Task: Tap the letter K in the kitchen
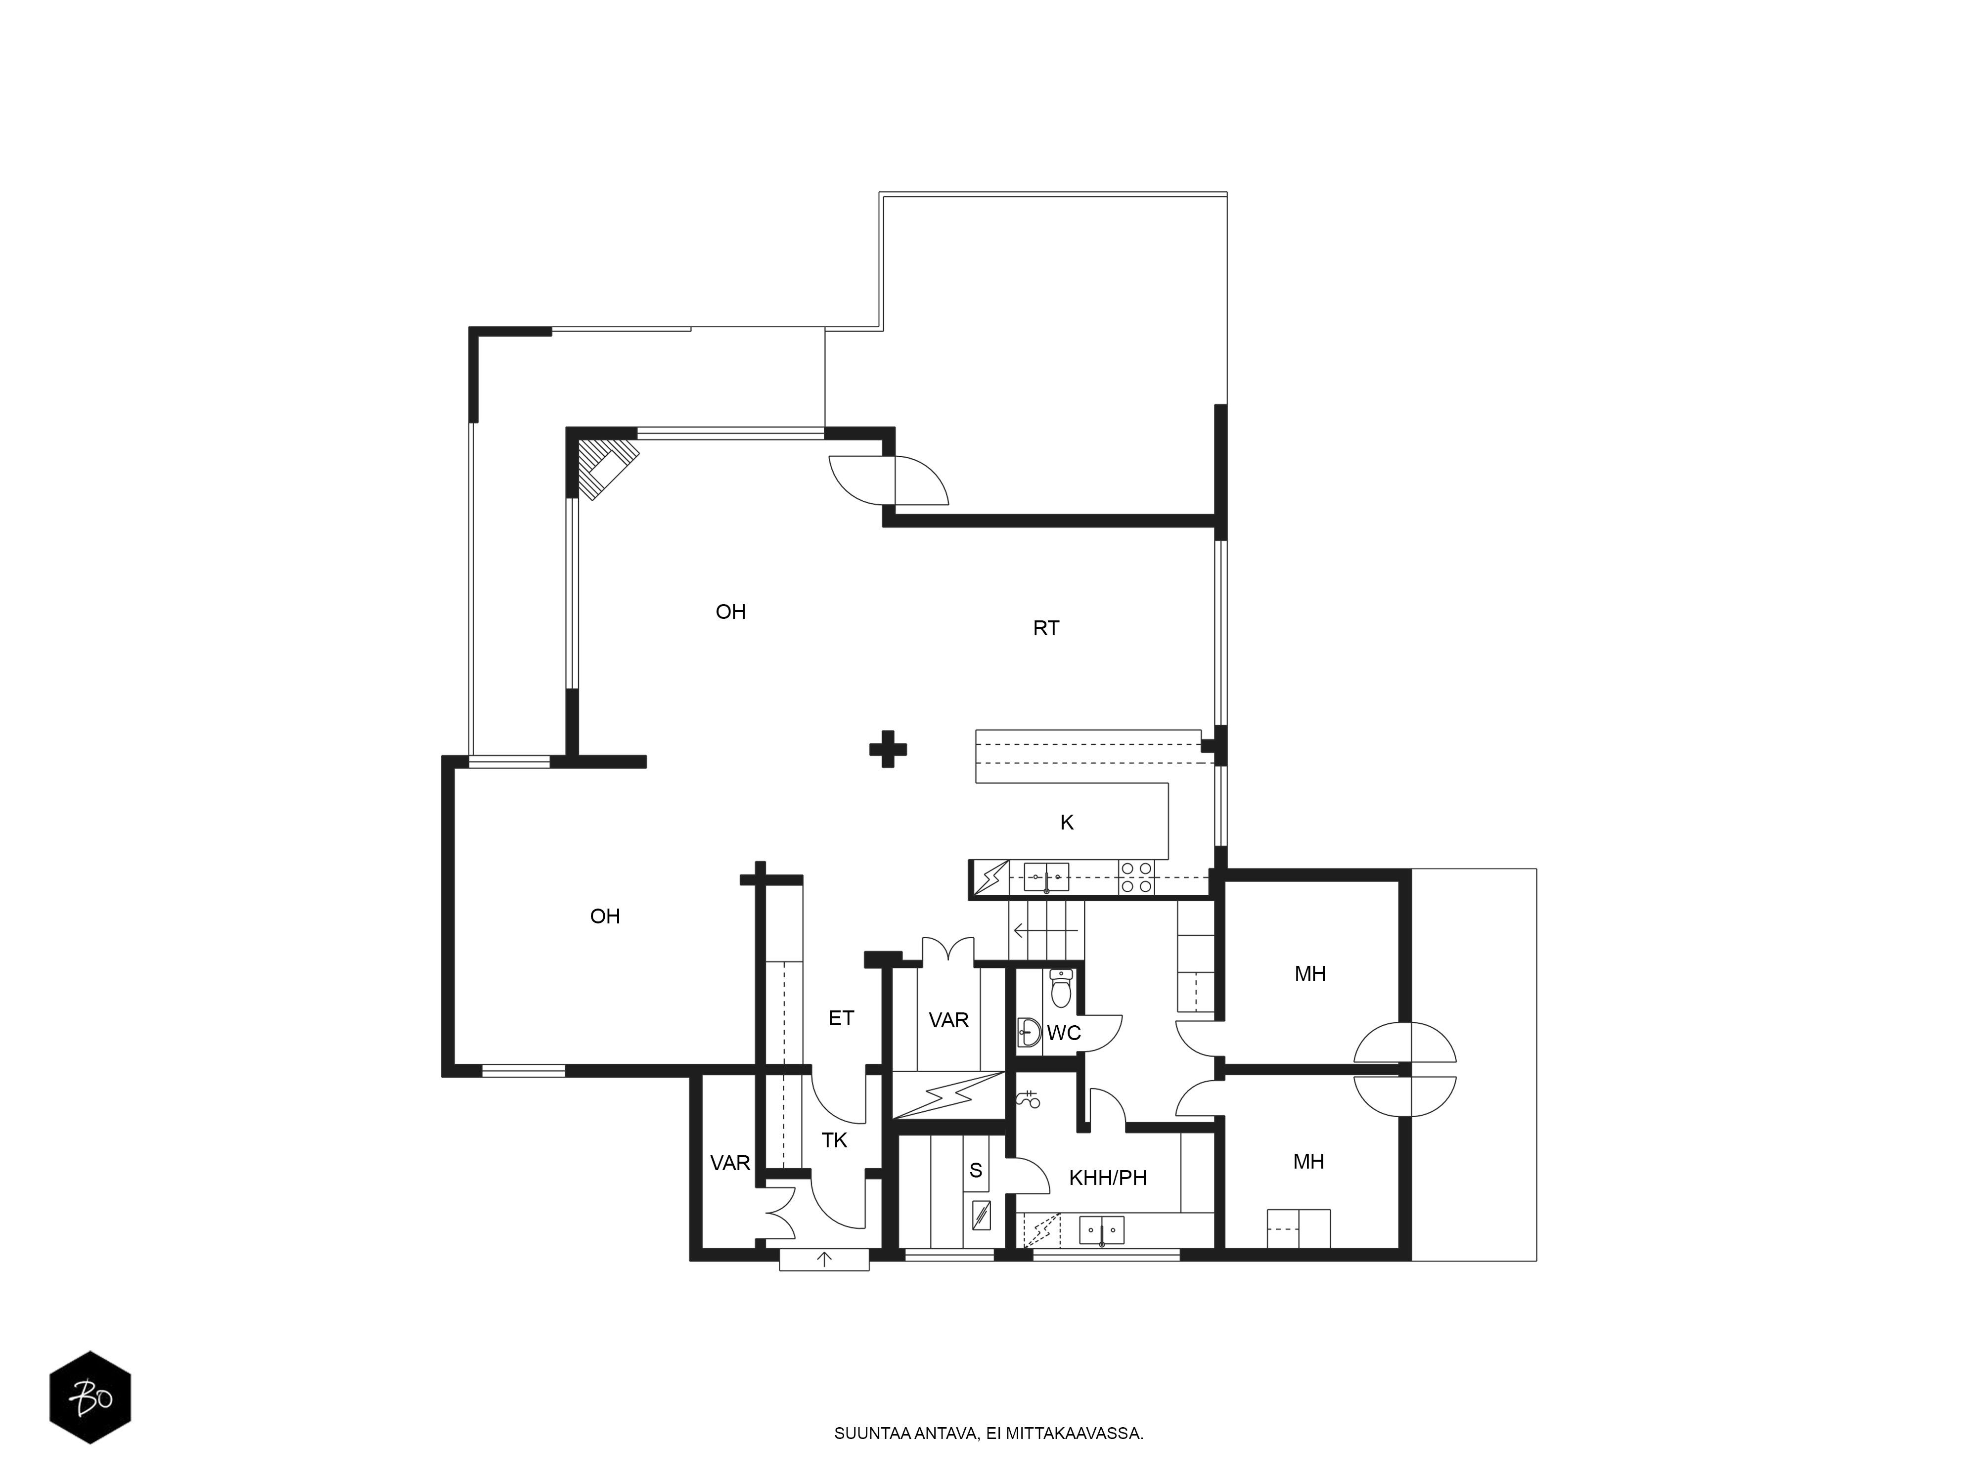click(x=1067, y=823)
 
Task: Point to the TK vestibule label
click(x=834, y=1140)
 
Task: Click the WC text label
click(x=1064, y=1033)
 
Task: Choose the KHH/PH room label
click(x=1108, y=1178)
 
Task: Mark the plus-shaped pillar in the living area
click(x=888, y=749)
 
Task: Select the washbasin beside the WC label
click(x=1029, y=1033)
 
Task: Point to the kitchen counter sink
click(x=1046, y=878)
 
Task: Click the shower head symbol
click(x=1030, y=1098)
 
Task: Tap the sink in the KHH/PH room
click(x=1102, y=1230)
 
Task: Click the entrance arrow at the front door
click(x=824, y=1260)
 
